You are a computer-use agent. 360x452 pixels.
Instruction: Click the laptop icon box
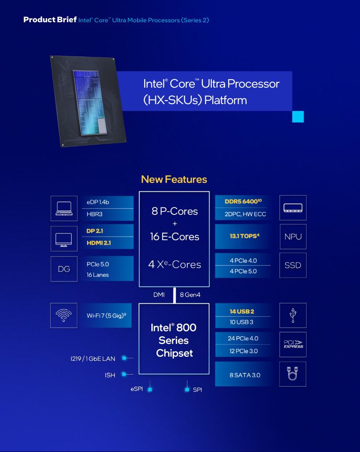tap(64, 208)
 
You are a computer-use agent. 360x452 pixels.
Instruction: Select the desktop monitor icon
tap(64, 240)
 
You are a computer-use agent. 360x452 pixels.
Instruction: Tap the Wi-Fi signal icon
tap(64, 315)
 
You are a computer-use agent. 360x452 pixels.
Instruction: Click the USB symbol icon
tap(293, 315)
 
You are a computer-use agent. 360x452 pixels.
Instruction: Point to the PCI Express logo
tap(293, 344)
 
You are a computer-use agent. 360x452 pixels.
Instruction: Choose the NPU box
tap(293, 237)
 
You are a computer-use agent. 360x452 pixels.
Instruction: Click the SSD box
tap(293, 265)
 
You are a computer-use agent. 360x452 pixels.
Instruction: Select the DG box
tap(64, 269)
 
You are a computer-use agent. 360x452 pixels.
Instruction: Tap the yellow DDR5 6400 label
tap(243, 201)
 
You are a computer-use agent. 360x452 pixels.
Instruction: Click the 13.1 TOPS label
tap(244, 236)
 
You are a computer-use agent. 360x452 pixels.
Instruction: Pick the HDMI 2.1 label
tap(99, 243)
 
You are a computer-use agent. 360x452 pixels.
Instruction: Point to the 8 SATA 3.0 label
tap(245, 375)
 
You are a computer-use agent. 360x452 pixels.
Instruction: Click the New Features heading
tap(174, 179)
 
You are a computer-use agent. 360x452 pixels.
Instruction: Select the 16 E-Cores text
tap(175, 237)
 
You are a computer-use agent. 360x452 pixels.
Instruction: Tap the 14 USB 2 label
tap(242, 311)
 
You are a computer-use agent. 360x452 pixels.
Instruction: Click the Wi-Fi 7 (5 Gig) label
tap(106, 315)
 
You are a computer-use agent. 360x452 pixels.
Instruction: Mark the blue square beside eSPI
tap(150, 389)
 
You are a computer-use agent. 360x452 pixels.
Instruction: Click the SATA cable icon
tap(292, 374)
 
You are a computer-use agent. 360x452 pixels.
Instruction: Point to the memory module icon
tap(293, 208)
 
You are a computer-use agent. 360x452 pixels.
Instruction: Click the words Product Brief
tap(50, 20)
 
